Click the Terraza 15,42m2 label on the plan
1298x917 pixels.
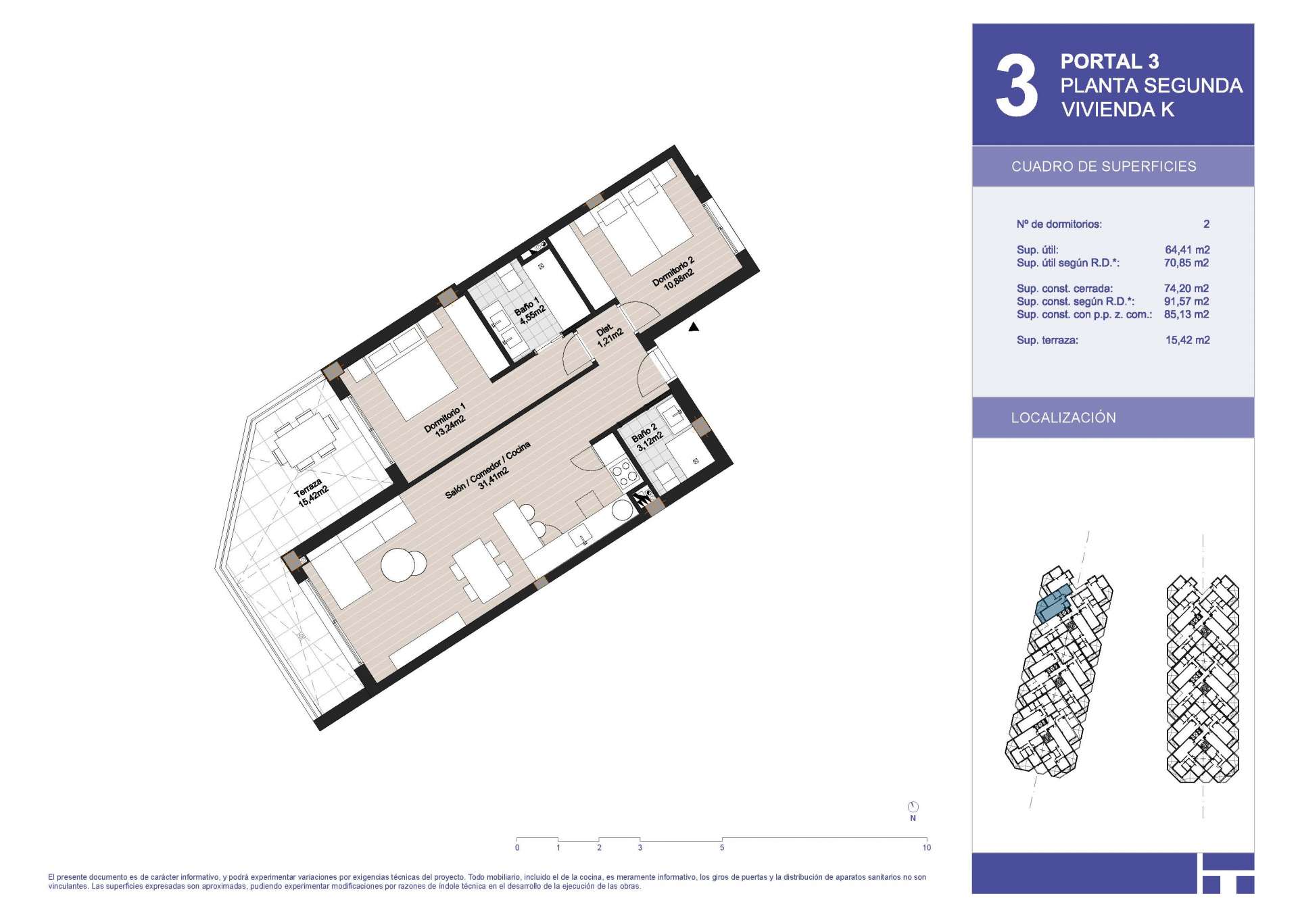(x=312, y=497)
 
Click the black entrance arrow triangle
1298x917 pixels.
(x=694, y=327)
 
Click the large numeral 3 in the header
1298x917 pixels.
(x=1016, y=86)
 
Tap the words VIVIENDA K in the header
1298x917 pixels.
(x=1117, y=109)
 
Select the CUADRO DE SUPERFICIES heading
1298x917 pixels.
(x=1103, y=166)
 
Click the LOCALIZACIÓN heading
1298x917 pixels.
(x=1063, y=418)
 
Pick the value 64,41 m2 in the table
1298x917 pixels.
(x=1187, y=250)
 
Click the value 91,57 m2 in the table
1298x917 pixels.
(x=1187, y=301)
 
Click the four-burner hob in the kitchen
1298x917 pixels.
(x=625, y=471)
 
